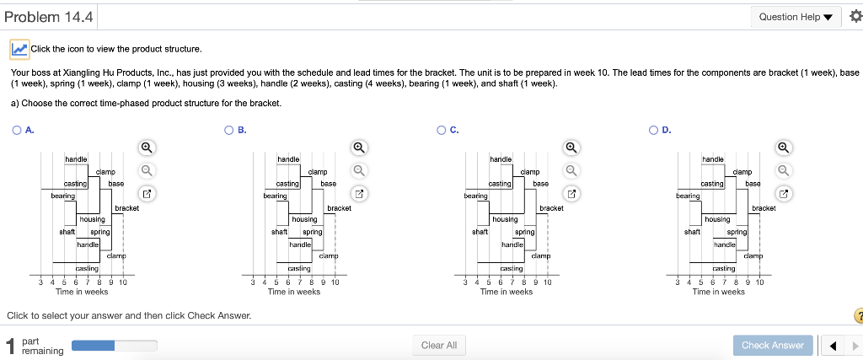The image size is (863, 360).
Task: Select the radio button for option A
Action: click(x=17, y=131)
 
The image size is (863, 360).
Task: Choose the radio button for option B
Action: click(x=229, y=131)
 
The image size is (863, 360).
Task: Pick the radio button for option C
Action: click(x=442, y=131)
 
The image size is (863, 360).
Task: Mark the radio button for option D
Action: click(x=654, y=131)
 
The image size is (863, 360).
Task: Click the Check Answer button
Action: click(x=772, y=345)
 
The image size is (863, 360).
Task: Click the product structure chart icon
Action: click(x=19, y=49)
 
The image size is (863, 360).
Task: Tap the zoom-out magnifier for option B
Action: click(x=359, y=170)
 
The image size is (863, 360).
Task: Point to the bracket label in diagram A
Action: click(x=126, y=207)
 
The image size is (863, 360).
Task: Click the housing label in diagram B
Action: click(x=304, y=219)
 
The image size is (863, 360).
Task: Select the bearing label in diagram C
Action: click(x=476, y=196)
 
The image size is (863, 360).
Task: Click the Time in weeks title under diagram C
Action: click(x=506, y=292)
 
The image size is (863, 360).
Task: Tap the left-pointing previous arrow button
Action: click(x=833, y=345)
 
